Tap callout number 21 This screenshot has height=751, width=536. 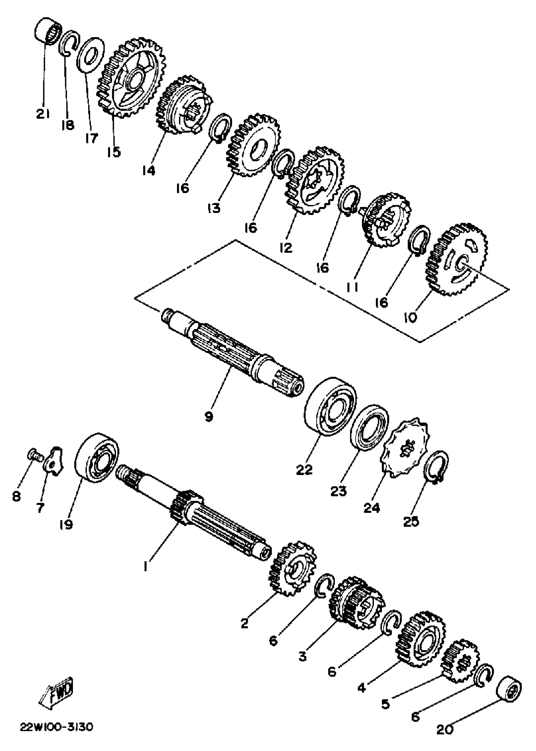tap(43, 114)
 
